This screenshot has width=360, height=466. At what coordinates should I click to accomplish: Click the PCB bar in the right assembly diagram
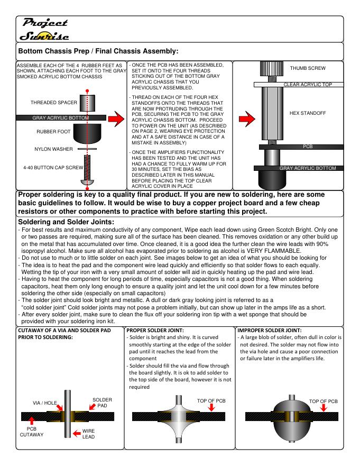click(x=299, y=147)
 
